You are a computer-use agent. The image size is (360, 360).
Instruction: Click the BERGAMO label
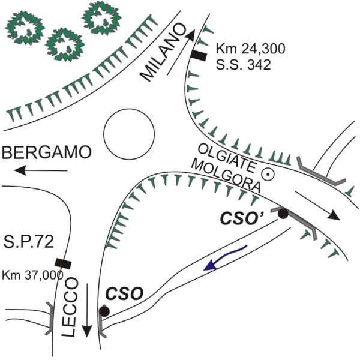pos(47,153)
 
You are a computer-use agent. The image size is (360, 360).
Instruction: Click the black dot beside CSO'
pos(283,213)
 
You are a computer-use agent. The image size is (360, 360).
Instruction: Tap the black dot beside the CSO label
pos(104,311)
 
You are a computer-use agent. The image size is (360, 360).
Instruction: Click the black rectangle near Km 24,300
pos(199,56)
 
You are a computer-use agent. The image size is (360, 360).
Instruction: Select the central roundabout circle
pos(128,133)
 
